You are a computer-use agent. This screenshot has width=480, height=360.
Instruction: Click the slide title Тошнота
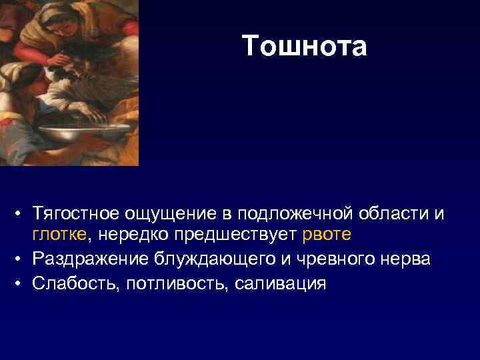[304, 47]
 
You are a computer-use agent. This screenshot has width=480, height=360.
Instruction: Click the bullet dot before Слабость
[21, 283]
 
